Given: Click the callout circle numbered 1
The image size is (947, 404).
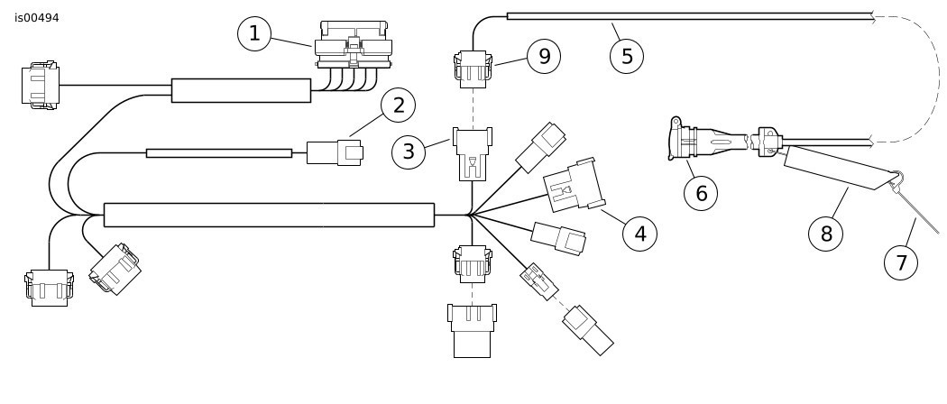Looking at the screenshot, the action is click(x=254, y=34).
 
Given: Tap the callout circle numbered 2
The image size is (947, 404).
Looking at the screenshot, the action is click(x=398, y=106).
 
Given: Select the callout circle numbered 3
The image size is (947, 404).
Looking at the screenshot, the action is click(x=409, y=152).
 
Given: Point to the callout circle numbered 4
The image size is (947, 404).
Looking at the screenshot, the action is click(x=639, y=234).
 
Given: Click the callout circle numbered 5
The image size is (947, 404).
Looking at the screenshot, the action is click(x=626, y=57).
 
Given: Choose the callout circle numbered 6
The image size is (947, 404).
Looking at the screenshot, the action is click(x=701, y=193).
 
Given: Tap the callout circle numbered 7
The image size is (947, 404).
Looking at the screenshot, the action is click(x=900, y=262).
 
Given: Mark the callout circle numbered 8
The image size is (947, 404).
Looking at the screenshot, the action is click(x=825, y=234).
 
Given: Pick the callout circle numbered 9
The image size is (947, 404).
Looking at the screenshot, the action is click(x=544, y=57).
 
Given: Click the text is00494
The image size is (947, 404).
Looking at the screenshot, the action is click(x=37, y=18).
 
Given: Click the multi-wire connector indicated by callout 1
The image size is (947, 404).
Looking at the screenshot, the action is click(x=354, y=45).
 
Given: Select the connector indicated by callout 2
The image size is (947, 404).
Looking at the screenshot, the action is click(x=335, y=152).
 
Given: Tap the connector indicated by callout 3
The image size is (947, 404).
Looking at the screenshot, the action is click(x=473, y=154).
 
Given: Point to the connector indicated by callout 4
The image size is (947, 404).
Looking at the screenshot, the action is click(x=574, y=186).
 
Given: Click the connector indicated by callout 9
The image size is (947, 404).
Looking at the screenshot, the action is click(x=473, y=69).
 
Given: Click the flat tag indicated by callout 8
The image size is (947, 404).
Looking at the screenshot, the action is click(x=840, y=167).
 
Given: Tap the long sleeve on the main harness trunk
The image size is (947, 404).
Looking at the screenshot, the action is click(x=269, y=215).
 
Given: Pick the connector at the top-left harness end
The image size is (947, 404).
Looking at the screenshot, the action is click(x=41, y=85).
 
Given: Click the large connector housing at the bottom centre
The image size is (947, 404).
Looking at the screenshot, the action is click(x=473, y=331).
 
